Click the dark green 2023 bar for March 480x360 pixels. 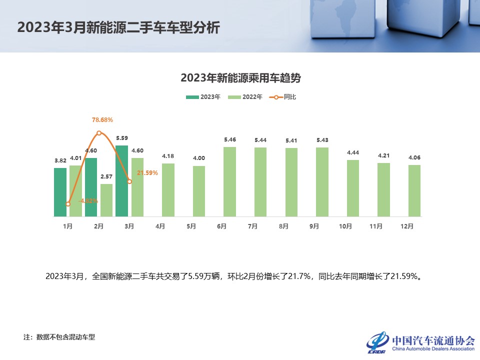point(121,181)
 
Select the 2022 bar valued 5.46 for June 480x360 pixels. point(229,181)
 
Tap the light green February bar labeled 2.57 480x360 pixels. point(106,200)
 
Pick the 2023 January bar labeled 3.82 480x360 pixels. point(60,192)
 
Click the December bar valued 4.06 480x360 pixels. point(414,190)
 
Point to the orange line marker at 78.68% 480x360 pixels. point(99,133)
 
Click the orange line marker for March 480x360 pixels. point(129,181)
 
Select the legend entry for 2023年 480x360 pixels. point(203,97)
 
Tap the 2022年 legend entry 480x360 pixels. point(245,97)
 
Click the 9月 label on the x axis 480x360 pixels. point(314,226)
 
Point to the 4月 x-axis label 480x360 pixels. point(160,226)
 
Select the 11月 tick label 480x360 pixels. point(376,226)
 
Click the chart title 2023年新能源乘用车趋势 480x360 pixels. point(240,78)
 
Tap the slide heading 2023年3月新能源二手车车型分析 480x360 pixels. point(118,27)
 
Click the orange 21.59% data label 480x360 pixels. point(147,173)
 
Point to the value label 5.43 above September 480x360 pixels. point(322,140)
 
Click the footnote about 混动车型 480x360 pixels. point(59,337)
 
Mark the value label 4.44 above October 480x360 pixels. point(353,152)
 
